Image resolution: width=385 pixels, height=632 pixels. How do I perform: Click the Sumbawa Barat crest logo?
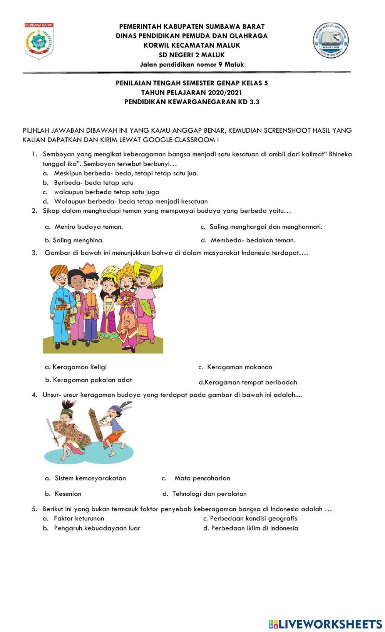point(39,41)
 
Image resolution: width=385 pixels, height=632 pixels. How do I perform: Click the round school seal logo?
point(331,40)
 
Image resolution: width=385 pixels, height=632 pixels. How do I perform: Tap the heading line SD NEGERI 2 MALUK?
point(192,55)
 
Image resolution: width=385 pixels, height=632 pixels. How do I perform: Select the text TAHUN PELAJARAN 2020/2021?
point(192,92)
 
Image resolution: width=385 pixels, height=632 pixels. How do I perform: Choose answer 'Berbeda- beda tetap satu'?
point(94,183)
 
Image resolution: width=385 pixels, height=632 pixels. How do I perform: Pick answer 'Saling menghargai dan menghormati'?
point(266,227)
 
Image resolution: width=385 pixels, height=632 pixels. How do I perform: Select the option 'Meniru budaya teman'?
point(89,227)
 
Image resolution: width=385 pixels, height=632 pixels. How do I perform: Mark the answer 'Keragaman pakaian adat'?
point(92,380)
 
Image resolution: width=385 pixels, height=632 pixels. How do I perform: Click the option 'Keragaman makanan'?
point(239,367)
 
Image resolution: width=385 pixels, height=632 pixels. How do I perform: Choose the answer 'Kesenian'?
point(68,494)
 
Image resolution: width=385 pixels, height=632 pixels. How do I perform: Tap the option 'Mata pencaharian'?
point(202,478)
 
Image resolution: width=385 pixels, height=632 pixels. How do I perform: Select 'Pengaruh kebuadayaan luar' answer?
point(97,528)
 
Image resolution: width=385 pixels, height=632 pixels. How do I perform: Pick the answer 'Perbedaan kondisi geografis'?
point(253,518)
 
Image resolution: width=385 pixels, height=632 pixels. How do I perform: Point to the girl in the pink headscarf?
point(146,300)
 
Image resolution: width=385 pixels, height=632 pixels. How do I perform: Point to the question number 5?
point(34,509)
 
